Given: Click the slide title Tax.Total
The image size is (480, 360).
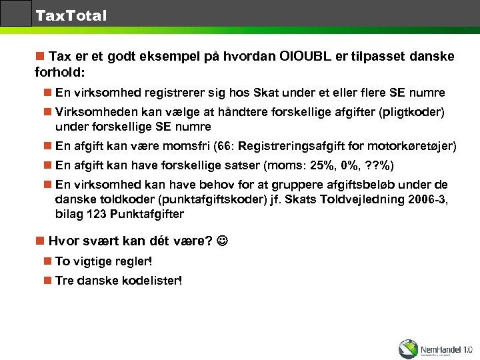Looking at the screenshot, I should click(x=71, y=15).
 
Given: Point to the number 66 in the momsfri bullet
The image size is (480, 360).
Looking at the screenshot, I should click(x=221, y=146).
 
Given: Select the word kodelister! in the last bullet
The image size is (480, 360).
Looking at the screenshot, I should click(x=152, y=281).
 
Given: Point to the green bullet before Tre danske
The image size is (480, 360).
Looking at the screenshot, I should click(x=47, y=281).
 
